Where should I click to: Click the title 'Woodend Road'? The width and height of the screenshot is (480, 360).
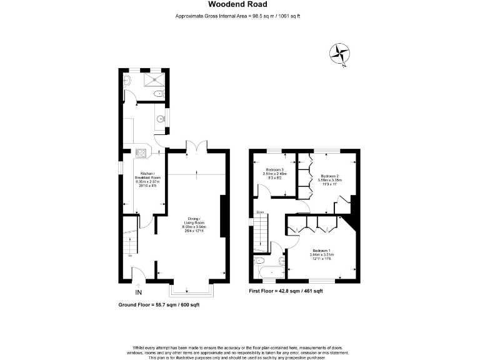point(239,4)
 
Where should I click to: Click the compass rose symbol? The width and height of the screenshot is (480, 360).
point(341,54)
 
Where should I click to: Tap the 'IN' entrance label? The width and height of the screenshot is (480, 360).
point(138,292)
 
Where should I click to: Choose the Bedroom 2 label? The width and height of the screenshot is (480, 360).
point(329,179)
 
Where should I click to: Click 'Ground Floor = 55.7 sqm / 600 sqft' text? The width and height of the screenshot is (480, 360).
point(159,304)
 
